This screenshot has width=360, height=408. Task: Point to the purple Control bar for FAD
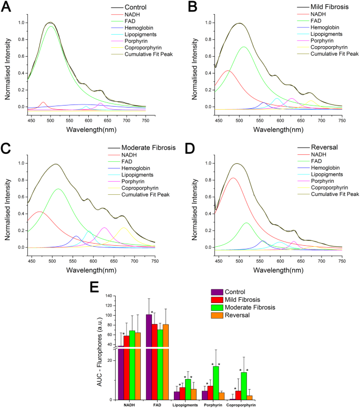click(149, 357)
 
